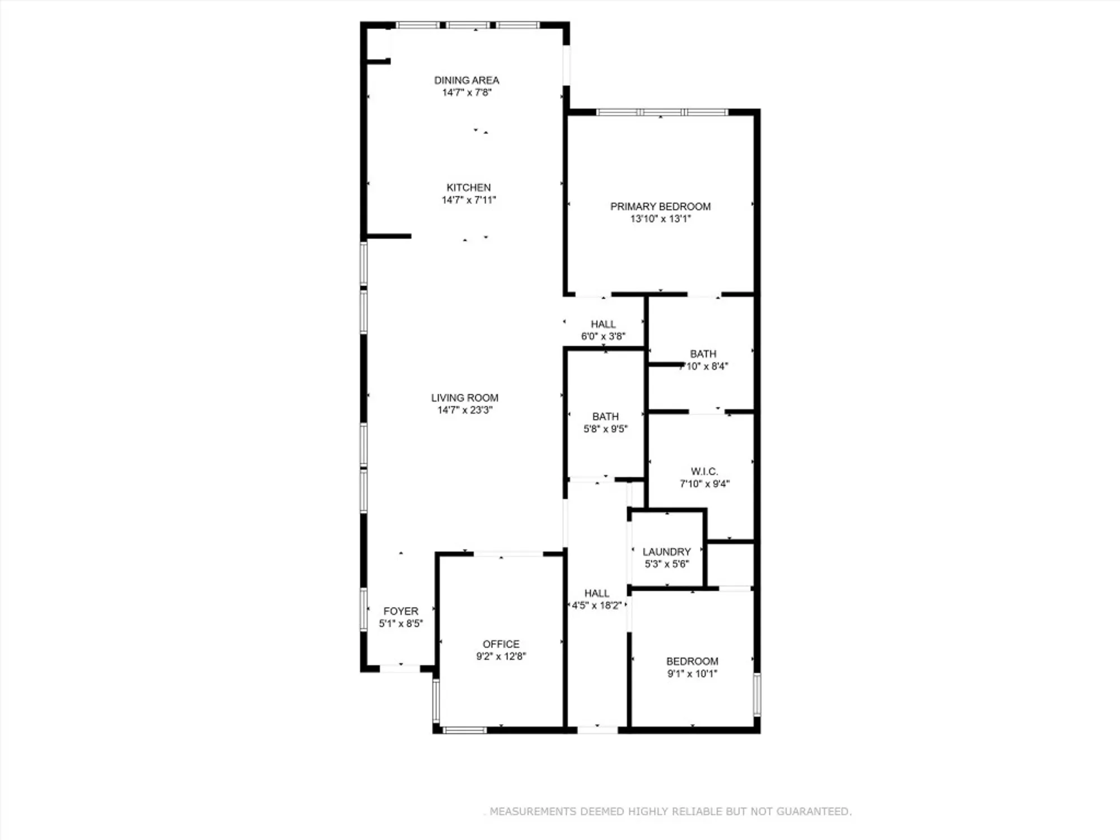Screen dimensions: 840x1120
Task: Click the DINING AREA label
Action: [x=466, y=81]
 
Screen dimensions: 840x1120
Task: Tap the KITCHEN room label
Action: [x=469, y=188]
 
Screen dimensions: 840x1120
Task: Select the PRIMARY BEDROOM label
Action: [x=660, y=207]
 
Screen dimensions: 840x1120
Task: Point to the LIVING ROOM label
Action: [x=465, y=398]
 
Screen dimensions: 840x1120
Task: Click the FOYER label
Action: [x=401, y=611]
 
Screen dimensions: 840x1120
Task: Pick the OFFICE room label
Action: [x=501, y=644]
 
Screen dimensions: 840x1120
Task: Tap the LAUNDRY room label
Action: [x=666, y=552]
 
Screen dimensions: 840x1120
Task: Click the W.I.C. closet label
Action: [x=704, y=472]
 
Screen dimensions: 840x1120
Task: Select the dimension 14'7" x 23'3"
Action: [x=465, y=410]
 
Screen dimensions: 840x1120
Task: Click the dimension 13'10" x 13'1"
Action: [x=661, y=219]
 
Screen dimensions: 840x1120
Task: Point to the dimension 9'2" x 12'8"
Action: [x=501, y=656]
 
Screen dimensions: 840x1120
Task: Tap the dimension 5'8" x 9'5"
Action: [x=605, y=429]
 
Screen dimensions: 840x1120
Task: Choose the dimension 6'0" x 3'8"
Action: [x=603, y=337]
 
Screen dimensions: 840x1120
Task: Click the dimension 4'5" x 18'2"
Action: [x=596, y=605]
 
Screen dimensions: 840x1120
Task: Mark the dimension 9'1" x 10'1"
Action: [x=692, y=674]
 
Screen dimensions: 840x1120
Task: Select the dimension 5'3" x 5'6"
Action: [x=666, y=564]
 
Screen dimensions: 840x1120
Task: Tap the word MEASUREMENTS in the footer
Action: [x=533, y=811]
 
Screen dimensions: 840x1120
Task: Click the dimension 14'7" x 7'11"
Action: [x=469, y=200]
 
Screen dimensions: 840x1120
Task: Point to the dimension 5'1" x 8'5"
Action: [x=401, y=623]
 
